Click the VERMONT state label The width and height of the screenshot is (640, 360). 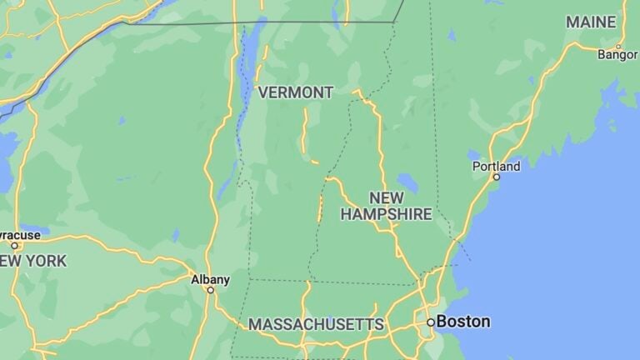[x=296, y=92]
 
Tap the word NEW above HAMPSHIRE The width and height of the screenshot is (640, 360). [x=387, y=197]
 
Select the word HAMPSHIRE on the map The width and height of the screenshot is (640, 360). [x=386, y=214]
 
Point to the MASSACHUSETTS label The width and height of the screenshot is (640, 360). [x=316, y=324]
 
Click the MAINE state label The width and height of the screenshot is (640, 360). [x=591, y=22]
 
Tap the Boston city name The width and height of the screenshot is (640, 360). [x=463, y=321]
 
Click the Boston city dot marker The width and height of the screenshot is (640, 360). [x=431, y=322]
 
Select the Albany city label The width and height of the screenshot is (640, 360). [x=210, y=279]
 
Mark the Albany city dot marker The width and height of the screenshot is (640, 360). [x=211, y=290]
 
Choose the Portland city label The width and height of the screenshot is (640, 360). [x=496, y=166]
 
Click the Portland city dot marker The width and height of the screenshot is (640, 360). [x=497, y=177]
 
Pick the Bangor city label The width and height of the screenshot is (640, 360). [x=617, y=55]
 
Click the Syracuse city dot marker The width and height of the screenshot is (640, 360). [x=14, y=245]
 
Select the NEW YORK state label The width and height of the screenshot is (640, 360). [x=33, y=261]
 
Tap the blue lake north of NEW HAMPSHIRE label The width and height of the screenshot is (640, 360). [x=407, y=182]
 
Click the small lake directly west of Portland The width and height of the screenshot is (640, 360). [x=474, y=156]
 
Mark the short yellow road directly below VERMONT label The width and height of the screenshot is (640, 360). [x=305, y=133]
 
